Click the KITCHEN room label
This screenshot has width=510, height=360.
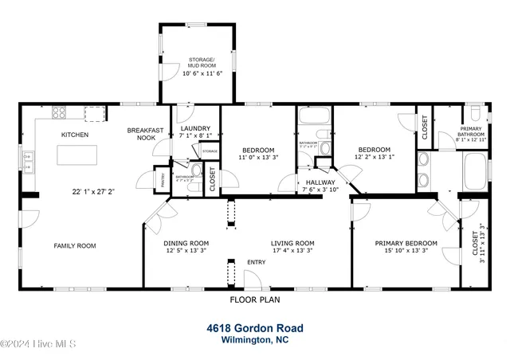pyautogui.click(x=75, y=135)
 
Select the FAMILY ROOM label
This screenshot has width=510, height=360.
pyautogui.click(x=75, y=246)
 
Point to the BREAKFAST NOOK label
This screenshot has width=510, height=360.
pyautogui.click(x=146, y=134)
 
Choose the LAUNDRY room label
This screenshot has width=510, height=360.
pyautogui.click(x=194, y=128)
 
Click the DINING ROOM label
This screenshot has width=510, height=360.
pyautogui.click(x=186, y=243)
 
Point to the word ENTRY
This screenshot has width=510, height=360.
pyautogui.click(x=257, y=262)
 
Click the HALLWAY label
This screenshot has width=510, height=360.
pyautogui.click(x=321, y=182)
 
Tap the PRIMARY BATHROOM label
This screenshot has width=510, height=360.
pyautogui.click(x=470, y=131)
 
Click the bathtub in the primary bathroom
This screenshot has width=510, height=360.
pyautogui.click(x=477, y=173)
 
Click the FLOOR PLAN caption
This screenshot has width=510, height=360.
pyautogui.click(x=254, y=300)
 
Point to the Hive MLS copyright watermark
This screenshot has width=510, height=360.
pyautogui.click(x=38, y=344)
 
